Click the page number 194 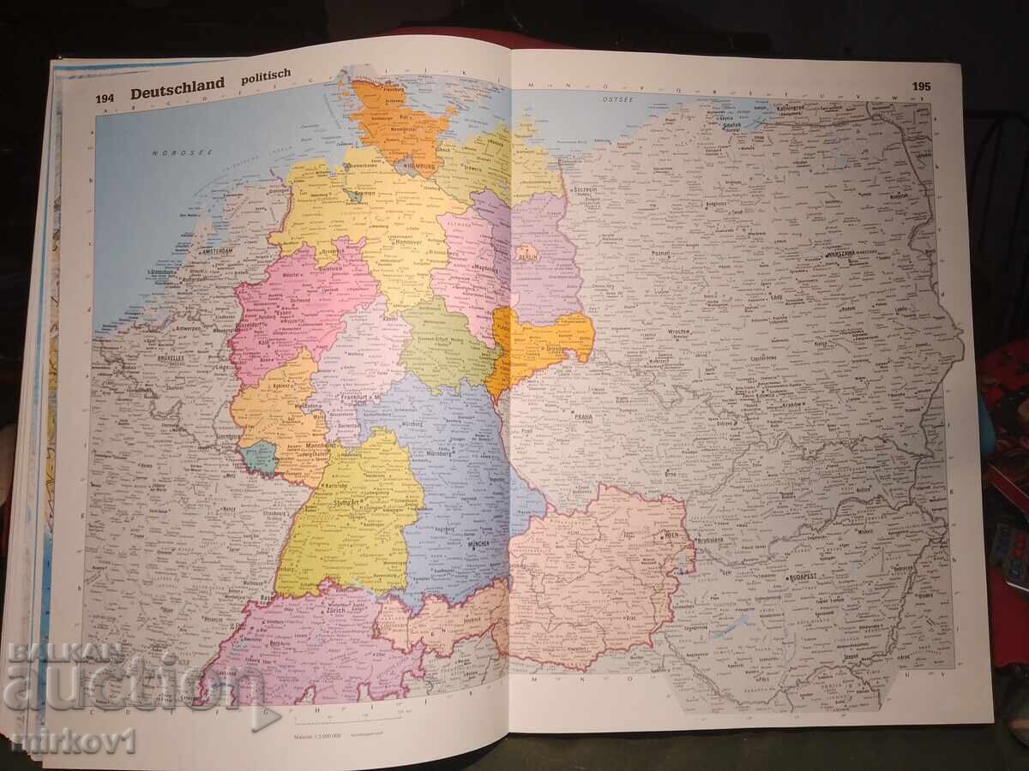point(105,99)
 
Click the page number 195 point(921,87)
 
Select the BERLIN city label point(526,254)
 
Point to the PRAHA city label point(585,416)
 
